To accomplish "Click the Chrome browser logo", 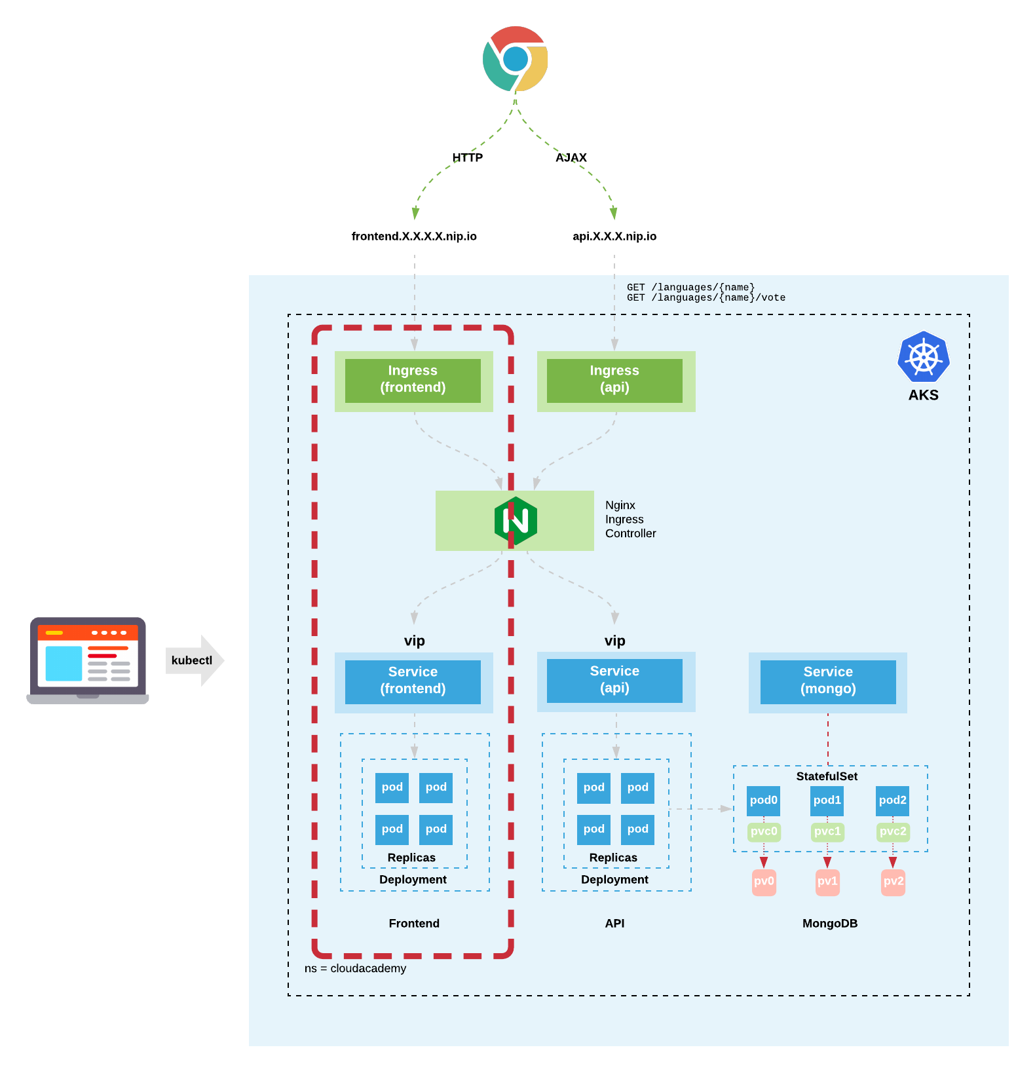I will (516, 59).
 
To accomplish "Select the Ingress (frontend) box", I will (413, 380).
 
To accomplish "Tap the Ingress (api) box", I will (614, 380).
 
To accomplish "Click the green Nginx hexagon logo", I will (516, 521).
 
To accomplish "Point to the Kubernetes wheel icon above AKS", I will (923, 357).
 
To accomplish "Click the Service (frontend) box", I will (413, 681).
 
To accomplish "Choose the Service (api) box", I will (614, 681).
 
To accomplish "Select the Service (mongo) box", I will (828, 681).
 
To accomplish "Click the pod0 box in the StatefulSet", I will (763, 801).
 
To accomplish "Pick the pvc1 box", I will (827, 831).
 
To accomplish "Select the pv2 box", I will (893, 881).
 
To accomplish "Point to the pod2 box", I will (892, 801).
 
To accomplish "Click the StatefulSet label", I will (827, 776).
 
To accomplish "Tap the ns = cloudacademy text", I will (355, 968).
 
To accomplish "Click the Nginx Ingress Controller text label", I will (630, 519).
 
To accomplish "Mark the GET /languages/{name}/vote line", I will (706, 298).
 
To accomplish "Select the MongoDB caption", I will (830, 924).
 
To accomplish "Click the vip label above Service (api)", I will (614, 641).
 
